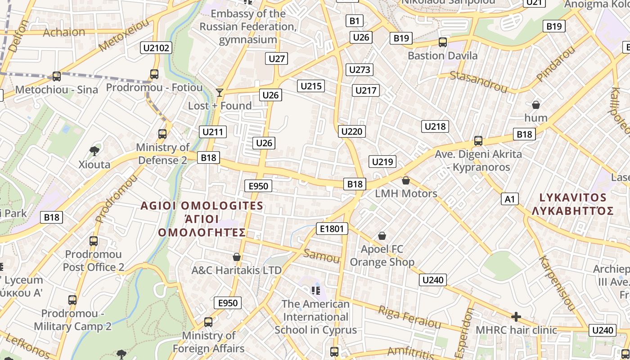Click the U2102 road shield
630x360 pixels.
coord(156,48)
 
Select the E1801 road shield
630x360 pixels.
coord(332,229)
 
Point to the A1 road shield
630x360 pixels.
coord(510,199)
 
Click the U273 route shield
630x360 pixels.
coord(360,70)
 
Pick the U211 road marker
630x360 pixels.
coord(213,132)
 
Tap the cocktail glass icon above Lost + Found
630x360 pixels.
coord(220,93)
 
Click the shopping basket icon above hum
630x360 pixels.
coord(536,105)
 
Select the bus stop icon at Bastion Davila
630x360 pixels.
coord(443,42)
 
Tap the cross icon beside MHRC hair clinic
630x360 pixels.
coord(516,317)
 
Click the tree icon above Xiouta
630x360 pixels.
coord(94,150)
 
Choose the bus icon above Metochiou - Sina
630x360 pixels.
coord(57,76)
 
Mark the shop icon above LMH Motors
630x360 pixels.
coord(406,180)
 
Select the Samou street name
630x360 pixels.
coord(321,256)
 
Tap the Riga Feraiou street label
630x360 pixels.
coord(409,317)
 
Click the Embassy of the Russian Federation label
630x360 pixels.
coord(248,26)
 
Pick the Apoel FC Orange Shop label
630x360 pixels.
coord(382,255)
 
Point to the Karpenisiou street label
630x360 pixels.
coord(557,283)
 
